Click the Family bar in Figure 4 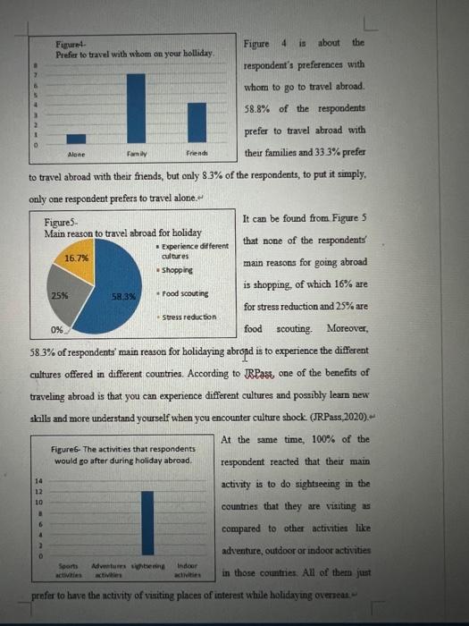136,106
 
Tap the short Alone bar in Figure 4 77,139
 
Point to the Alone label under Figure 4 77,153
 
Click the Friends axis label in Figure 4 197,153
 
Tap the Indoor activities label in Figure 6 188,571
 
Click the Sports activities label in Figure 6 69,571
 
